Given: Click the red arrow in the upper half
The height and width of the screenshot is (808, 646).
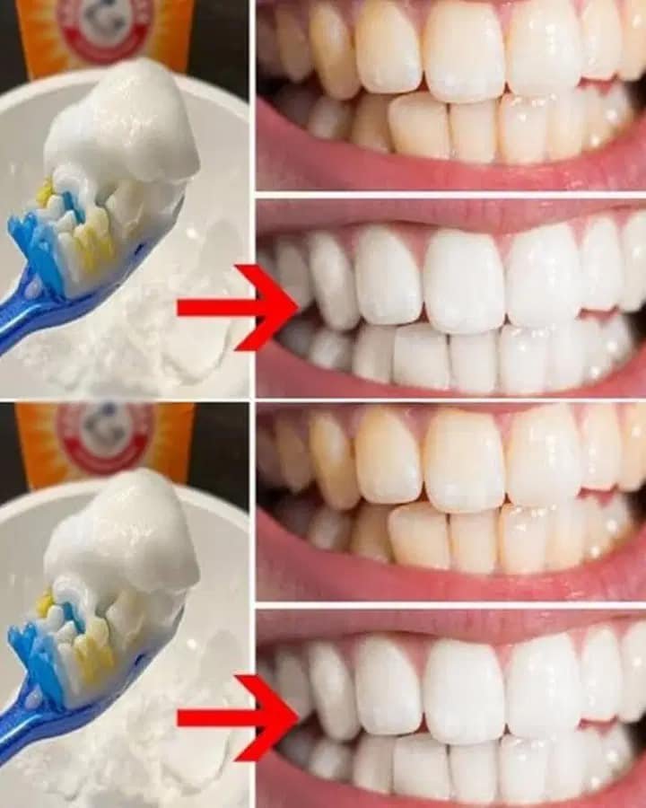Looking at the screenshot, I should coord(242,308).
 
